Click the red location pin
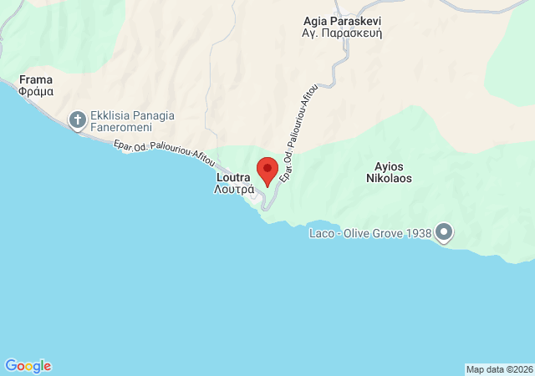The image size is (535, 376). (x=267, y=170)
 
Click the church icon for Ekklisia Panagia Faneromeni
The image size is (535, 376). (x=78, y=119)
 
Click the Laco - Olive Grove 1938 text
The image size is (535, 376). (x=370, y=233)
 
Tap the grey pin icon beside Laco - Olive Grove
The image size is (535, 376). (x=443, y=231)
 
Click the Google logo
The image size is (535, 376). (x=28, y=366)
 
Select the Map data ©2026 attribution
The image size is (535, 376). (x=499, y=369)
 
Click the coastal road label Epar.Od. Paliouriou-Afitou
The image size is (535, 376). (x=163, y=153)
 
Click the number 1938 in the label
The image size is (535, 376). (x=415, y=233)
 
